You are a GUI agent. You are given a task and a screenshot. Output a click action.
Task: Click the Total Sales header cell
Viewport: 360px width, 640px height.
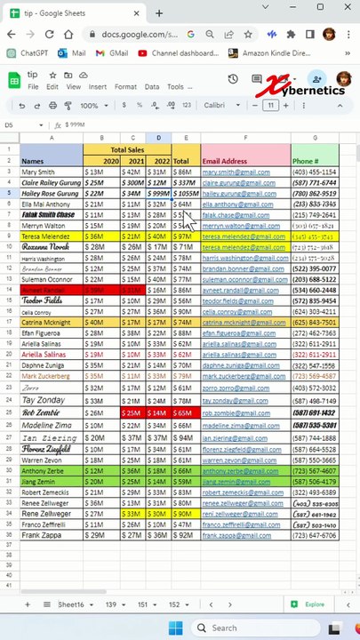click(x=127, y=150)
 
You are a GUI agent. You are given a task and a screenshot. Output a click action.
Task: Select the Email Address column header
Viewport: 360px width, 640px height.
click(x=225, y=161)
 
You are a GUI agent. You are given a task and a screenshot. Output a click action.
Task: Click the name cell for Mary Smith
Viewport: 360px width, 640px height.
click(x=38, y=172)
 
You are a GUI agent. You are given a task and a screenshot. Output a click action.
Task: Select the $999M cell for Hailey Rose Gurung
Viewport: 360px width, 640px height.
click(x=160, y=194)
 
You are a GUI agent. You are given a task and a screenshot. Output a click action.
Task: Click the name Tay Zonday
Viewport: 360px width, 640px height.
click(x=42, y=401)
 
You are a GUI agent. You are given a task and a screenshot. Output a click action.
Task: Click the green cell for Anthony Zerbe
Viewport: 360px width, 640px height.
click(x=42, y=471)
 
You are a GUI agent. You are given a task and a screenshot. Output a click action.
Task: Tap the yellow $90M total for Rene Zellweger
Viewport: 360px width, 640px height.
click(x=183, y=514)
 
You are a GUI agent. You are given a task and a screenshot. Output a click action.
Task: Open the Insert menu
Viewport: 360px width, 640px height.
click(x=97, y=87)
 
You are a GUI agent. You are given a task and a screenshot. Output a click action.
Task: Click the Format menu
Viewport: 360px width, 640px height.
click(x=125, y=87)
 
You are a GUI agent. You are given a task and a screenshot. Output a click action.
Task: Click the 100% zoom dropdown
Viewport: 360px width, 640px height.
click(x=93, y=106)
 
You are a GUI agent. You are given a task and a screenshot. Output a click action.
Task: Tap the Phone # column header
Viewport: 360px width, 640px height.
click(x=305, y=161)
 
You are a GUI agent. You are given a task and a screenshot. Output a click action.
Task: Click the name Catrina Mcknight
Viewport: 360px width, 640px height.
click(x=45, y=323)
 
